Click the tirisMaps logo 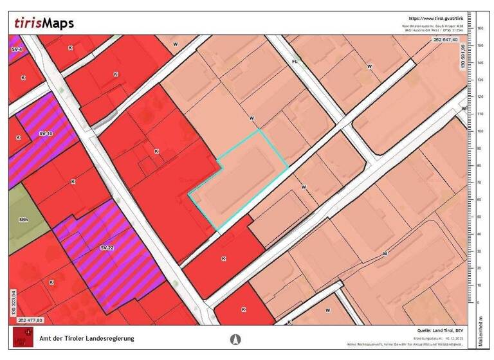pos(44,24)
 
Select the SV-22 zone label pos(107,248)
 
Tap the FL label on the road pos(295,62)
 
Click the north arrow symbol pos(236,339)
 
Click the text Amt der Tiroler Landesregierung pos(87,338)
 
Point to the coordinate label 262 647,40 pos(445,40)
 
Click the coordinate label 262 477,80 pos(31,319)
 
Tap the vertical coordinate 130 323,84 pos(12,301)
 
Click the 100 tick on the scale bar pos(479,130)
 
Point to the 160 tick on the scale pos(479,28)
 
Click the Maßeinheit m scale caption pos(480,331)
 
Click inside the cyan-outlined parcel pos(238,183)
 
